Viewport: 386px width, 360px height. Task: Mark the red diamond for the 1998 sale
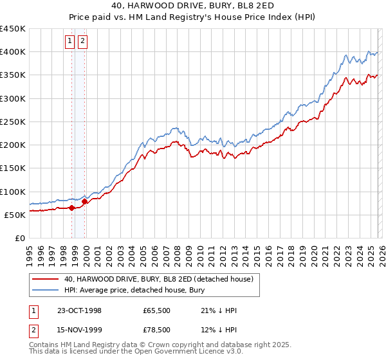click(x=72, y=208)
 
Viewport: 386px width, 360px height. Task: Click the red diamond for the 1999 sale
click(x=84, y=202)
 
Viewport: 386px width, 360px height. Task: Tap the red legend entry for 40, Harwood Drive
click(x=160, y=280)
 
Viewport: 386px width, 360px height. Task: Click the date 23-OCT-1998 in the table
click(x=79, y=310)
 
